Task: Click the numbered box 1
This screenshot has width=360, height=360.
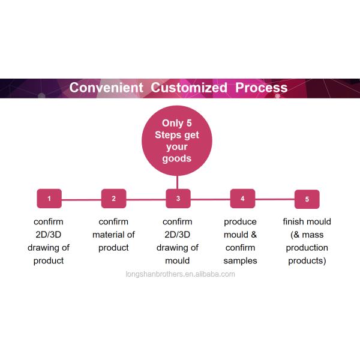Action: click(49, 199)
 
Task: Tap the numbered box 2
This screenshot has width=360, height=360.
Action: click(113, 199)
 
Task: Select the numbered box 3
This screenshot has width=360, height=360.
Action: click(178, 199)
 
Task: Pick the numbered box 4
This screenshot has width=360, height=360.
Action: click(242, 199)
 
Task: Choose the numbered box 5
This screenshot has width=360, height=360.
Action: click(307, 199)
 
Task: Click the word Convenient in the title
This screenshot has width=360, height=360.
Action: click(106, 88)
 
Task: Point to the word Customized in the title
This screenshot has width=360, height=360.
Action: click(189, 88)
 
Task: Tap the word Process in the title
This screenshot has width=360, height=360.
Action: click(261, 88)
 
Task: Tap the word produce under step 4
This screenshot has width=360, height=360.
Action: click(240, 221)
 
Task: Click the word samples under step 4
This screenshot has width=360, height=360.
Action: click(240, 260)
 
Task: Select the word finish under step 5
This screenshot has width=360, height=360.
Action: click(293, 221)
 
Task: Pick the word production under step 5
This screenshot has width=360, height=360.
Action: click(307, 248)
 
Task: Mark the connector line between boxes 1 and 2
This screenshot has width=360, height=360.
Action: click(81, 199)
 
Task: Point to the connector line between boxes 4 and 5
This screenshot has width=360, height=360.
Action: click(275, 199)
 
